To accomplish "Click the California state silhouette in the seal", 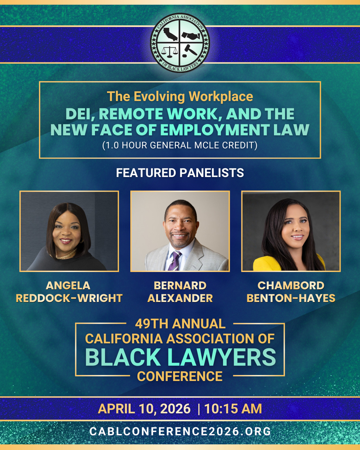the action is [x=170, y=34].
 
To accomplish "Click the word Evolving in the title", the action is [x=159, y=97].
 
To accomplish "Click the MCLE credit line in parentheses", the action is [x=180, y=145].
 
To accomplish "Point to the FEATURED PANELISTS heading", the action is [x=180, y=173].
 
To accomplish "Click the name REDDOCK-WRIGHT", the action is [x=69, y=298].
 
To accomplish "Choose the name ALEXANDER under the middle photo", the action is [x=180, y=298].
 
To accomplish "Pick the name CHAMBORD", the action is [x=291, y=286].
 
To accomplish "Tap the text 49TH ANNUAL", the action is [x=180, y=324].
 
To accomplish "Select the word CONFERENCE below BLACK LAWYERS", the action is [x=180, y=376].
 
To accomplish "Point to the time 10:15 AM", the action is [x=233, y=409].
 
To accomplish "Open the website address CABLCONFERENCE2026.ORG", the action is [x=180, y=431].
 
